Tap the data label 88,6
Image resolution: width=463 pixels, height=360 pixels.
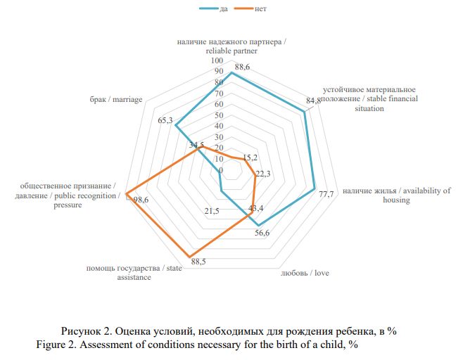coord(243,67)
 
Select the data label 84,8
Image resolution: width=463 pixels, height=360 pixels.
coord(314,101)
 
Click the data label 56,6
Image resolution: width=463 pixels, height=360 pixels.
coord(262,233)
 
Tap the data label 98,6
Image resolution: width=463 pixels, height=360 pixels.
coord(141,200)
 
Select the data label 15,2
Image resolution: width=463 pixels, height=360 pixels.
coord(249,157)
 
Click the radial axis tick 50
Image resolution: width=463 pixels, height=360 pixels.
coord(219,115)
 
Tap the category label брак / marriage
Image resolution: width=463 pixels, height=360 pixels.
coord(116,100)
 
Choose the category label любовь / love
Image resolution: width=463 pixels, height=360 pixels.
coord(305,273)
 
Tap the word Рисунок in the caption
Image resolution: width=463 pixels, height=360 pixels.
coord(82,330)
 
